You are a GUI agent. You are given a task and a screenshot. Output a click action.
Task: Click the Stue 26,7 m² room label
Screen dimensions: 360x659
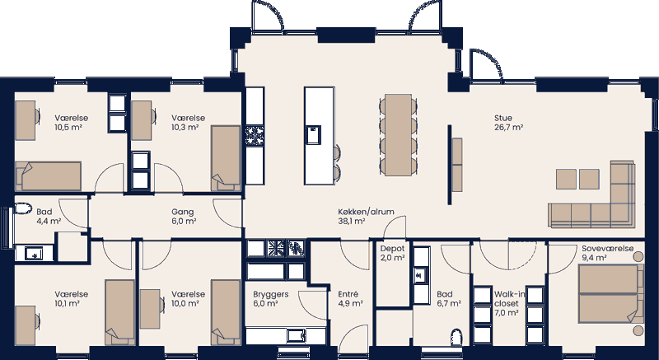click(508, 122)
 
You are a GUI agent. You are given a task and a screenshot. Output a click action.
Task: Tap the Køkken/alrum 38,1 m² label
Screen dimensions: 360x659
click(366, 216)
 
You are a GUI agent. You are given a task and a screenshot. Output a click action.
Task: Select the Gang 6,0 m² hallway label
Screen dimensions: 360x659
click(183, 216)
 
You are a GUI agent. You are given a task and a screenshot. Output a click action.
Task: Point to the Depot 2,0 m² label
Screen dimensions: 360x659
click(392, 252)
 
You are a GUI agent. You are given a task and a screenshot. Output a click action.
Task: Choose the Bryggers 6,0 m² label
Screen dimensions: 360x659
click(269, 297)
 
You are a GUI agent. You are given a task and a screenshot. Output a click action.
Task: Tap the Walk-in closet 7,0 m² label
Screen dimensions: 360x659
click(505, 302)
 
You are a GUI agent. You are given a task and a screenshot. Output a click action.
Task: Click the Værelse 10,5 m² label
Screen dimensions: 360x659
click(71, 123)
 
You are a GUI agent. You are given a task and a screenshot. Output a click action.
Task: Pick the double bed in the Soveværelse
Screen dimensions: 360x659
click(609, 294)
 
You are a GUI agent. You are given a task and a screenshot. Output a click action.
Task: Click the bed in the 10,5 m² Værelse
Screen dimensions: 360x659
click(48, 176)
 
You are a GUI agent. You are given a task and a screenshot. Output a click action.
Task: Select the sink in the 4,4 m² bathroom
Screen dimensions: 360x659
click(34, 253)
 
